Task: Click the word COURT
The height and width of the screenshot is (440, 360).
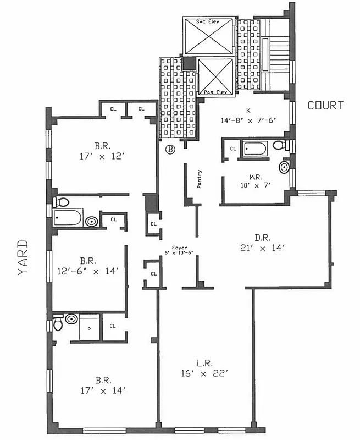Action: point(325,105)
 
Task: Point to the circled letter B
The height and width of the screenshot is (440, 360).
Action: point(170,149)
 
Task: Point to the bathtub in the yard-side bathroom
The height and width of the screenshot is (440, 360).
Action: point(68,218)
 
